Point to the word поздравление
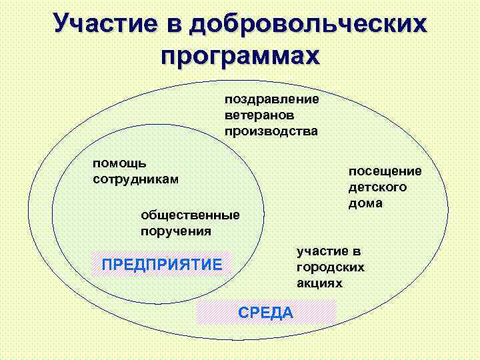click(271, 99)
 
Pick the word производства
click(271, 131)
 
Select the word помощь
click(119, 163)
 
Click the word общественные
click(190, 215)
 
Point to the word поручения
click(175, 231)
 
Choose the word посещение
click(385, 171)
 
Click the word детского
click(377, 187)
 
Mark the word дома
click(365, 203)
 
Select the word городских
click(330, 267)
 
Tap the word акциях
click(319, 283)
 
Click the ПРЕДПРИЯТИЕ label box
click(161, 265)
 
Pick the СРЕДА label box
click(265, 311)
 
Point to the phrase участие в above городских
click(329, 251)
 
